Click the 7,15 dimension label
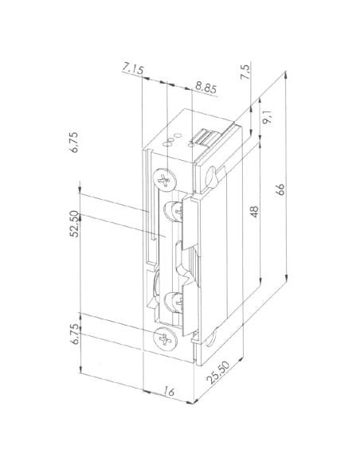click(x=133, y=72)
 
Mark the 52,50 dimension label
click(x=73, y=224)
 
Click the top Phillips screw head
click(x=165, y=181)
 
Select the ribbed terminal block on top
click(x=205, y=140)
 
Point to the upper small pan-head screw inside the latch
click(x=171, y=212)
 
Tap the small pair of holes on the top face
click(x=170, y=144)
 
